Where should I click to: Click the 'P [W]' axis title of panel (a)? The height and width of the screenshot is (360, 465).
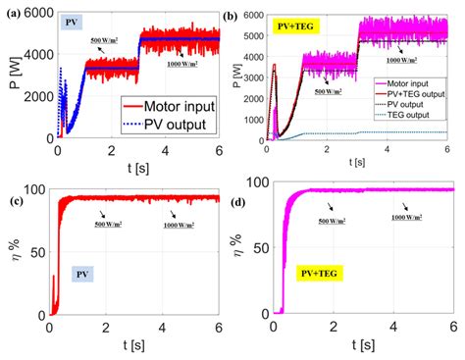click(x=12, y=74)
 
